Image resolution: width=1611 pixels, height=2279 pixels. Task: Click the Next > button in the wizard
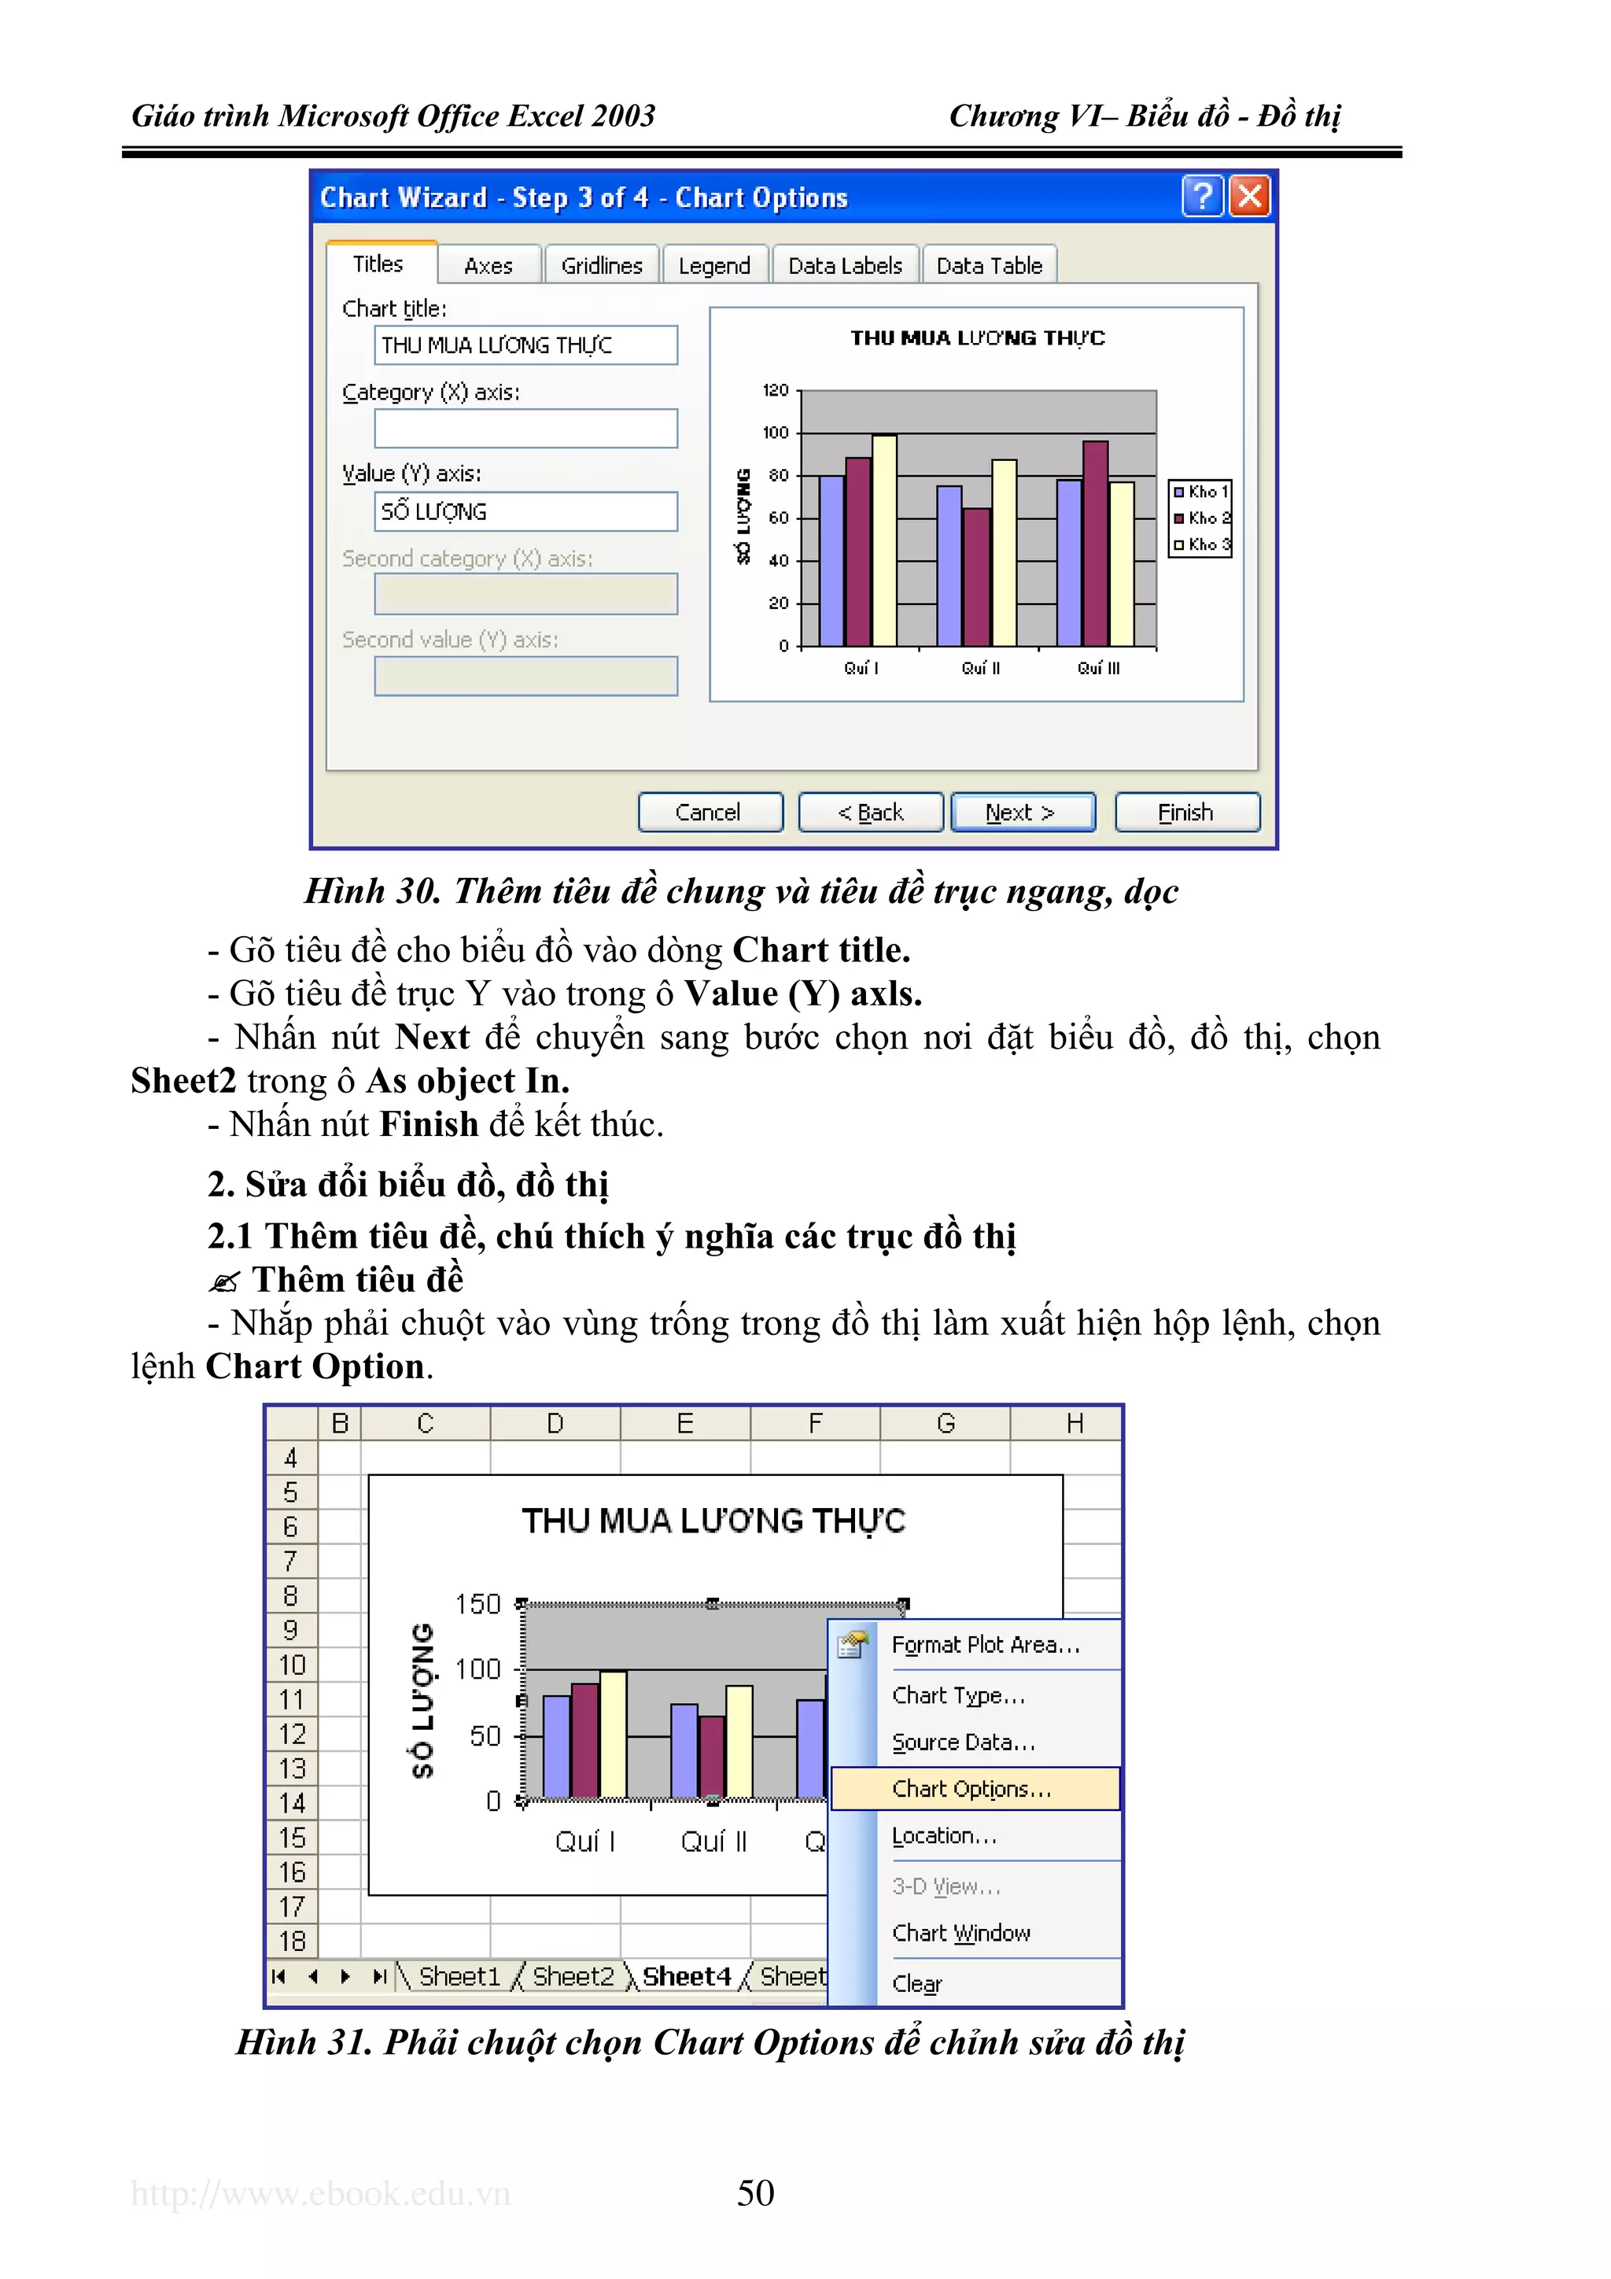tap(1023, 812)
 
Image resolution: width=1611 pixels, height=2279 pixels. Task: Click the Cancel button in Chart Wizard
tap(710, 812)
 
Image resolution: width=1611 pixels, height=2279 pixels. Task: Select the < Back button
tap(871, 812)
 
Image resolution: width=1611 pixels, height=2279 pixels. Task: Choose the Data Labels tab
tap(845, 266)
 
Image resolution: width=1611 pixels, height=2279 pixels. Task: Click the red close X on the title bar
tap(1250, 197)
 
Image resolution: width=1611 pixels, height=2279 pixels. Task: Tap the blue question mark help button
tap(1202, 197)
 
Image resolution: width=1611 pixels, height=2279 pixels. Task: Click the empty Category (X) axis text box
tap(525, 429)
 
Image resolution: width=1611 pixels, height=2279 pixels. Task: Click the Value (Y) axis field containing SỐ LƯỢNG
tap(525, 511)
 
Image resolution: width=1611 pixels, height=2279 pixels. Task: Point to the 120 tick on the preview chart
tap(776, 390)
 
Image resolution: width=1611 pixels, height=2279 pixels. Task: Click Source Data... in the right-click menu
tap(963, 1742)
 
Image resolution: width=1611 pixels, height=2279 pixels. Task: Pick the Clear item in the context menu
tap(916, 1983)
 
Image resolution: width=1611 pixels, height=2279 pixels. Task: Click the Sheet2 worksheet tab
tap(573, 1976)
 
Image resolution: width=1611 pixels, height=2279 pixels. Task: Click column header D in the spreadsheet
tap(555, 1423)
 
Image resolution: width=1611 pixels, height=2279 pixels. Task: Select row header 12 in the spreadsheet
tap(292, 1734)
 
